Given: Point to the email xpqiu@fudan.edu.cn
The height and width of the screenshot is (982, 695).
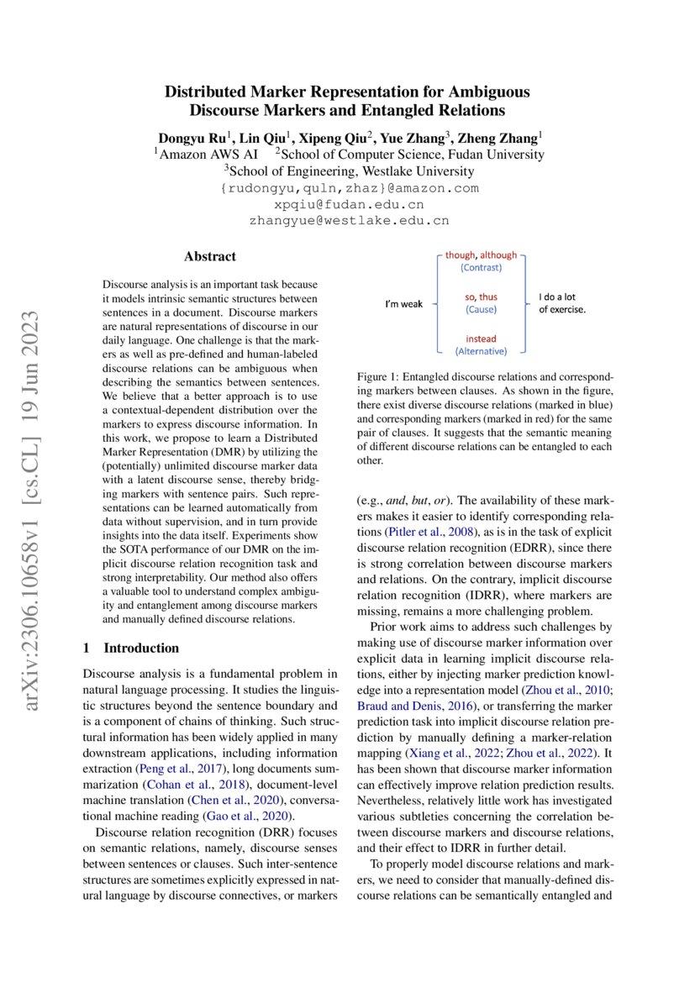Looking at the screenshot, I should [348, 204].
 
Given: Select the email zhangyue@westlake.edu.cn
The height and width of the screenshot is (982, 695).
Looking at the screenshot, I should [348, 221].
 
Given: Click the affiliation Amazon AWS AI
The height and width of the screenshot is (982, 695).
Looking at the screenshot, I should [208, 155].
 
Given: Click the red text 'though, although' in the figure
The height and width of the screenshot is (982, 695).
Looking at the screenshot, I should [481, 255].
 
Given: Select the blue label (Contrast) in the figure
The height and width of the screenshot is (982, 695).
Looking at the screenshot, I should [481, 267].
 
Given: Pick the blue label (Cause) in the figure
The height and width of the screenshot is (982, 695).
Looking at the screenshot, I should [481, 309].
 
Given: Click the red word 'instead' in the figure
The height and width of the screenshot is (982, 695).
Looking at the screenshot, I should [481, 339].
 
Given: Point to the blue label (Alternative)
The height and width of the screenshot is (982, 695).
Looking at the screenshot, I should [481, 350].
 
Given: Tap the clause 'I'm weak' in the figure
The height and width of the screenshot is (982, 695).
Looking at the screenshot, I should [404, 303].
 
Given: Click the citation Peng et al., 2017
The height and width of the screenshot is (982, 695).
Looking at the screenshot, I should [180, 769].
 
